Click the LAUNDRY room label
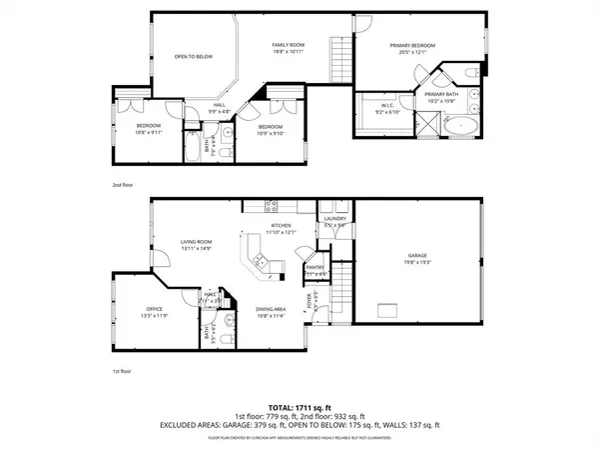coord(334,221)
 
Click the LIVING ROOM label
coord(196,245)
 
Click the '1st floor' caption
coord(122,371)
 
